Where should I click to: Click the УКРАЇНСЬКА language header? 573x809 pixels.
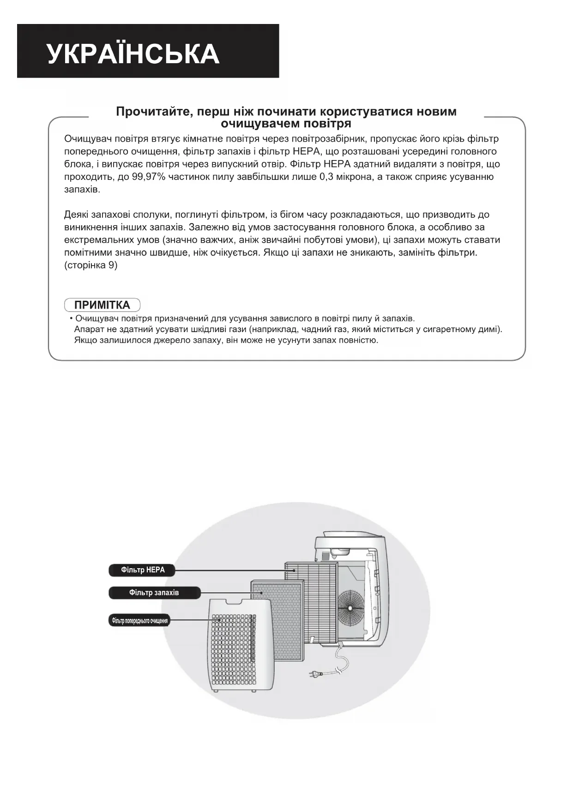133,54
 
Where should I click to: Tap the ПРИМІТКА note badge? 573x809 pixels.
102,305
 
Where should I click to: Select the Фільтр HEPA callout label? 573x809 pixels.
143,570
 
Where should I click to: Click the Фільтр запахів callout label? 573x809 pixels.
154,593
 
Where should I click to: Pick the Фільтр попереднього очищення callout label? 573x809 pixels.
139,621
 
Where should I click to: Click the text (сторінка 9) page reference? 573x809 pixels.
91,266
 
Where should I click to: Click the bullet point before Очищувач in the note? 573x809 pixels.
71,319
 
